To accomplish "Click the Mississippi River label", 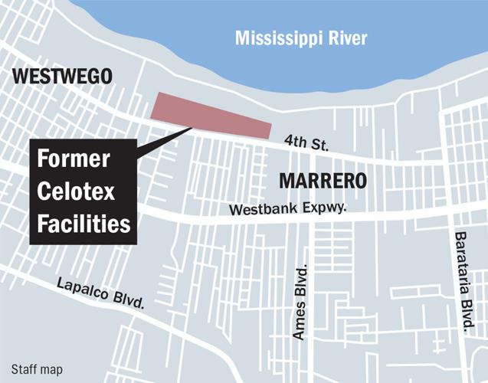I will [x=301, y=38].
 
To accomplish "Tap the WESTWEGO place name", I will [x=62, y=76].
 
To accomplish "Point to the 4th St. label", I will [x=306, y=141].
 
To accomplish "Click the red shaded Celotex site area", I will [x=211, y=117].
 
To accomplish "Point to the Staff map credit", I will [x=36, y=369].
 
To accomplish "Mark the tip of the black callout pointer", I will [x=191, y=128].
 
